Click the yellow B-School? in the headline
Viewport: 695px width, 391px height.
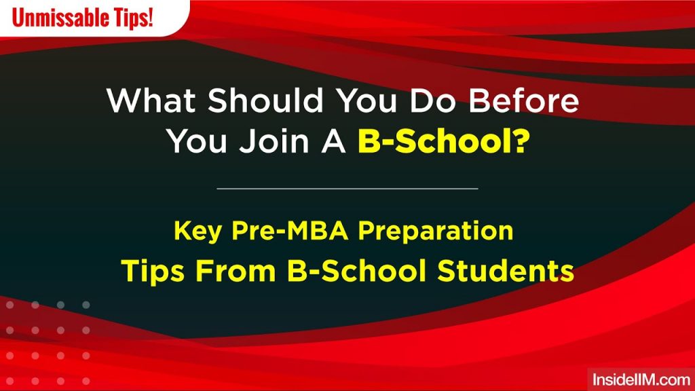(x=443, y=143)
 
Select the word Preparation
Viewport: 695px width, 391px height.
(x=436, y=231)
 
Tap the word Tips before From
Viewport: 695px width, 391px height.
(x=153, y=271)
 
